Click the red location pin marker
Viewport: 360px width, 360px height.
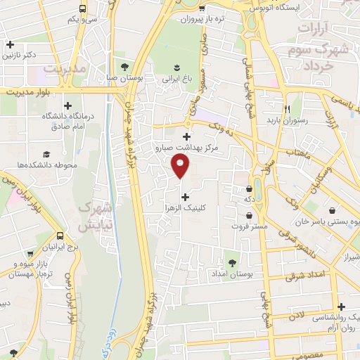pyautogui.click(x=181, y=166)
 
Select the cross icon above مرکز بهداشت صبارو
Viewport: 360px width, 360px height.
pyautogui.click(x=186, y=136)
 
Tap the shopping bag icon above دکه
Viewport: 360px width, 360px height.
pyautogui.click(x=250, y=188)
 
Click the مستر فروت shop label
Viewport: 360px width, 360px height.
pyautogui.click(x=250, y=226)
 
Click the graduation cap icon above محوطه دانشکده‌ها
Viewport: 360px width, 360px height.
pyautogui.click(x=46, y=153)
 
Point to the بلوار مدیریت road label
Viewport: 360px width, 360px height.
pyautogui.click(x=28, y=91)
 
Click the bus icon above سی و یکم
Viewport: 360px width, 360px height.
pyautogui.click(x=83, y=9)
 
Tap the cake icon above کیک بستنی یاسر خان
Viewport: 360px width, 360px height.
pyautogui.click(x=342, y=210)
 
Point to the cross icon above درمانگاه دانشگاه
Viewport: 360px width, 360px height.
pyautogui.click(x=67, y=105)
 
